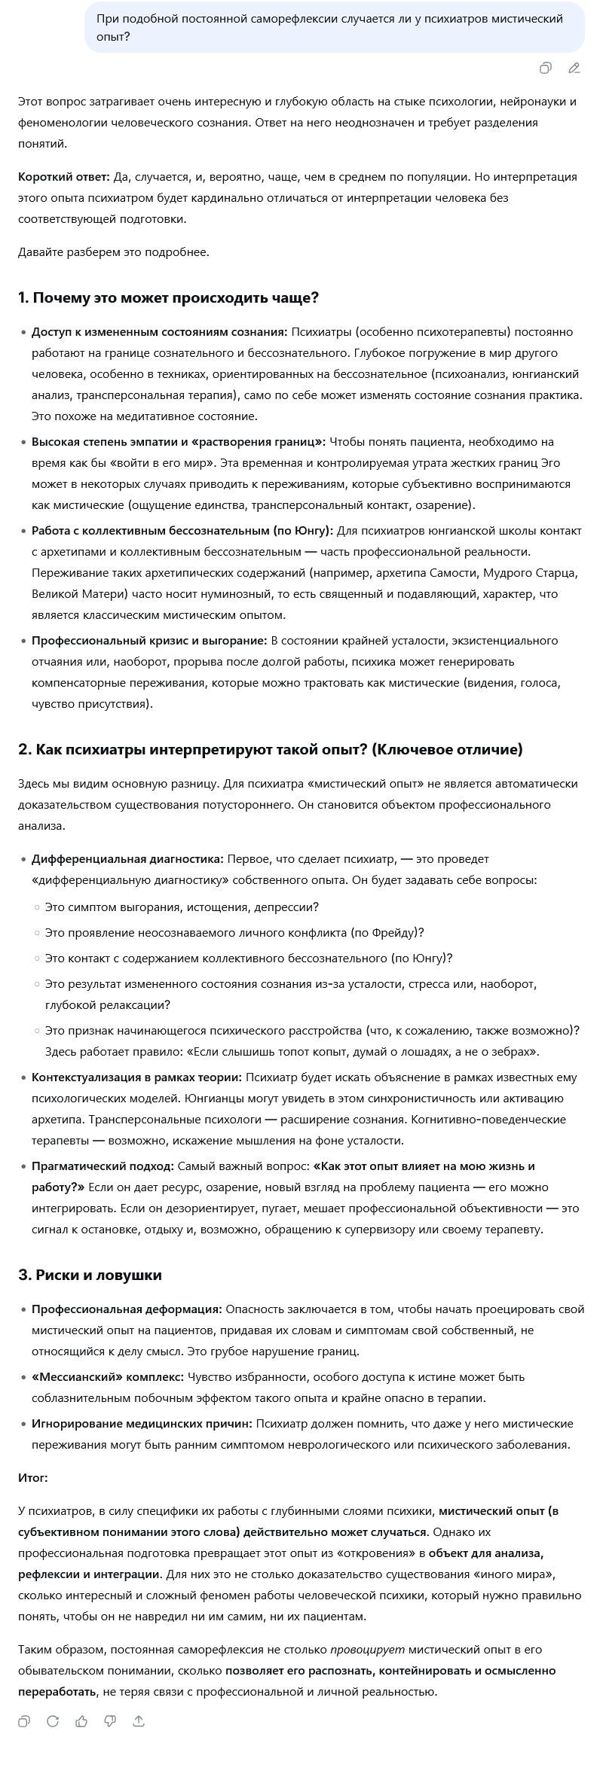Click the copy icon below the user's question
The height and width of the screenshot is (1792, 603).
pos(545,69)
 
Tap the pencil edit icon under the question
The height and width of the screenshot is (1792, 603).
pos(574,69)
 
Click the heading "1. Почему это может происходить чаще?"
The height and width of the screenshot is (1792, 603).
pos(168,297)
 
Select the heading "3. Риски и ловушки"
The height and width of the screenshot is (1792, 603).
pos(90,1275)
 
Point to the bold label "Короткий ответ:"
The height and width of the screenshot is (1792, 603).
pos(64,177)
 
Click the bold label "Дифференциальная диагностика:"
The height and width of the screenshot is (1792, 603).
pos(127,859)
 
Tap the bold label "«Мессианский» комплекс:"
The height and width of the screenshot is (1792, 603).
pos(108,1377)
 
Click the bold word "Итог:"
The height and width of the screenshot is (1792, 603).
pos(33,1478)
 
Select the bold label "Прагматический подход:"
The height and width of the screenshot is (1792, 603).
pos(103,1166)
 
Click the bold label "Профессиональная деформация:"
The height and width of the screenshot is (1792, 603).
pos(127,1309)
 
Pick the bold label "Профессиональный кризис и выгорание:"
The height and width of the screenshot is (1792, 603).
pos(149,641)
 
